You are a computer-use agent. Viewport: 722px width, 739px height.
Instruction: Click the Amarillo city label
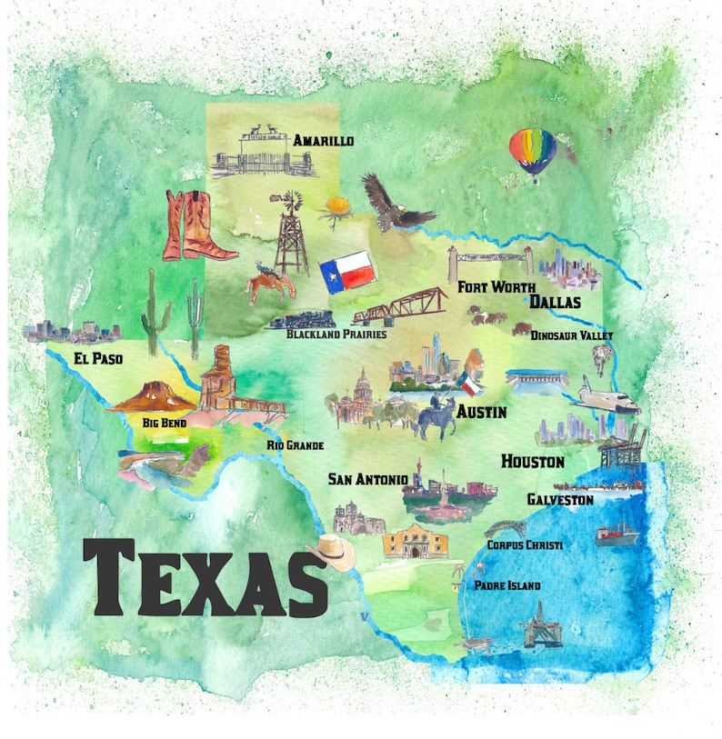click(x=323, y=141)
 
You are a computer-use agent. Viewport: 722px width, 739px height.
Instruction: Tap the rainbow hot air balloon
click(x=533, y=152)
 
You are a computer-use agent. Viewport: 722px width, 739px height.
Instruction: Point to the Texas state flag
click(x=346, y=269)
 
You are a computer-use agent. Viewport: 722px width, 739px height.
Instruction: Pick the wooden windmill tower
click(x=291, y=234)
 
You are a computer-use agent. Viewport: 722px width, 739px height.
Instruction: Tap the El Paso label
click(x=98, y=359)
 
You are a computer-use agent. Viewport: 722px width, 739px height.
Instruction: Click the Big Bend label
click(x=165, y=422)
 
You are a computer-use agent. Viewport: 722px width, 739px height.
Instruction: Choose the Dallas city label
click(x=555, y=302)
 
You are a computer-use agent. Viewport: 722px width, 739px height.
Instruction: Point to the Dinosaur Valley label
click(x=572, y=335)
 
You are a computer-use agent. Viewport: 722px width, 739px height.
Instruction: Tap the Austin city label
click(x=481, y=412)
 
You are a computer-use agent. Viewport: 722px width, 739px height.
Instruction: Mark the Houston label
click(x=533, y=462)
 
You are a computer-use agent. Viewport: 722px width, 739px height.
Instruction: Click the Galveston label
click(x=560, y=499)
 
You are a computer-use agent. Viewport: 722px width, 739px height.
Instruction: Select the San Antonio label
click(x=367, y=478)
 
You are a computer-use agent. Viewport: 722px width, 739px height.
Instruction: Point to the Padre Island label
click(x=507, y=585)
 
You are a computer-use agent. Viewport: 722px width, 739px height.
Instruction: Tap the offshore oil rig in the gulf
click(x=540, y=625)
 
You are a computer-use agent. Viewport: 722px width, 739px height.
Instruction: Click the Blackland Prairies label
click(x=336, y=334)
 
